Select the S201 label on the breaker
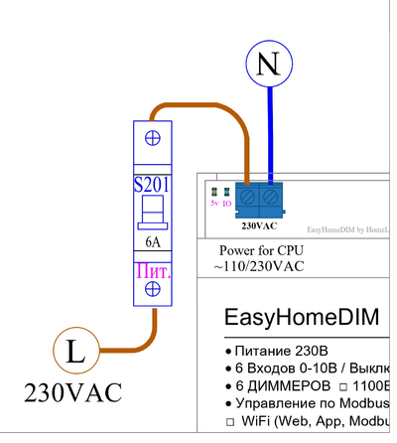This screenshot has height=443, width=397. [x=153, y=184]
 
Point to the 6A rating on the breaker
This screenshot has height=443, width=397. [x=153, y=240]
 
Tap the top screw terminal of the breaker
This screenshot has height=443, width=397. [x=153, y=138]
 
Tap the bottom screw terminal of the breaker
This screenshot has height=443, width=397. [x=153, y=288]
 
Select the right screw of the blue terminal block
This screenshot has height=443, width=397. [x=269, y=197]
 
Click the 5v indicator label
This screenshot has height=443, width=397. [x=213, y=203]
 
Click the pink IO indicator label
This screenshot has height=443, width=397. [x=226, y=203]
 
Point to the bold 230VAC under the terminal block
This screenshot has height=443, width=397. [x=257, y=225]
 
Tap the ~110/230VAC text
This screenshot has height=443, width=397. [x=258, y=267]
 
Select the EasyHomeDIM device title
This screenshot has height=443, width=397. [x=302, y=319]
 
